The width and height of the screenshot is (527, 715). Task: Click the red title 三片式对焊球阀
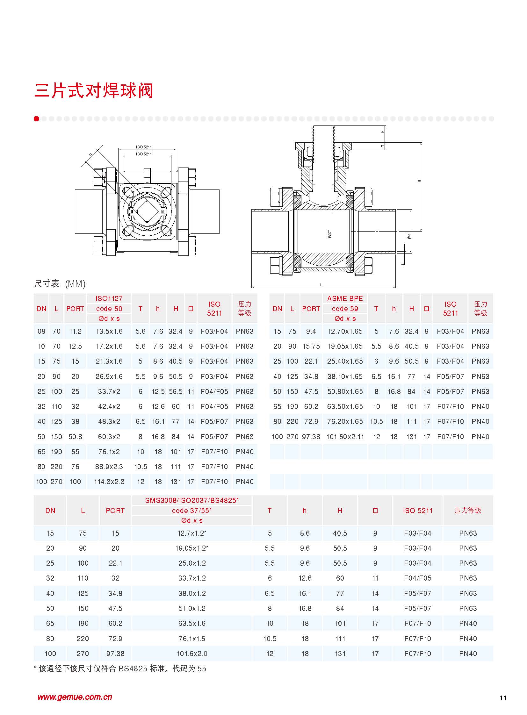[93, 90]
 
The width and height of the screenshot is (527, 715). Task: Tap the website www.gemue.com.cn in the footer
[75, 697]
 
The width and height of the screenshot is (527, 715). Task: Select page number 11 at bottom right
[503, 698]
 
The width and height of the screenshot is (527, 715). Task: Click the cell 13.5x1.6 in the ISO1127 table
[109, 331]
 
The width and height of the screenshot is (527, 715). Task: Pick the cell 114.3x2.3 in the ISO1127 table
[109, 482]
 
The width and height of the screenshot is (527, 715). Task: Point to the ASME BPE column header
[345, 298]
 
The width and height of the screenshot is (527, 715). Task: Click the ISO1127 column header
[109, 298]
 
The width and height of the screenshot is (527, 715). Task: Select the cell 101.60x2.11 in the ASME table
[345, 437]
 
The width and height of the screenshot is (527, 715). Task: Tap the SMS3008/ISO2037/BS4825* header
[192, 500]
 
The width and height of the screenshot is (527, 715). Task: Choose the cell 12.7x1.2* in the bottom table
[192, 533]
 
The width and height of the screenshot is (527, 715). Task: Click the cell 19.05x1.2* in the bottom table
[192, 548]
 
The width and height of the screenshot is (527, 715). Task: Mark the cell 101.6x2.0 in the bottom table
[192, 654]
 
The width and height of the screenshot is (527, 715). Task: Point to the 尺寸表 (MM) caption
[60, 283]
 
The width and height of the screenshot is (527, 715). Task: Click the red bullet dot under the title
[36, 119]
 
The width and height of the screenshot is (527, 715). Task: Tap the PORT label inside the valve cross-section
[330, 234]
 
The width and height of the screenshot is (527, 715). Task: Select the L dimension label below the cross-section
[321, 285]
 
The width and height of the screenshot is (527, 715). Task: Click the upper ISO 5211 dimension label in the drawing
[144, 147]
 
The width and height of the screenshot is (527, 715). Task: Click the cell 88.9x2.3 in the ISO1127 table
[109, 467]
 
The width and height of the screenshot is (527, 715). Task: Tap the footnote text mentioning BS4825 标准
[120, 669]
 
